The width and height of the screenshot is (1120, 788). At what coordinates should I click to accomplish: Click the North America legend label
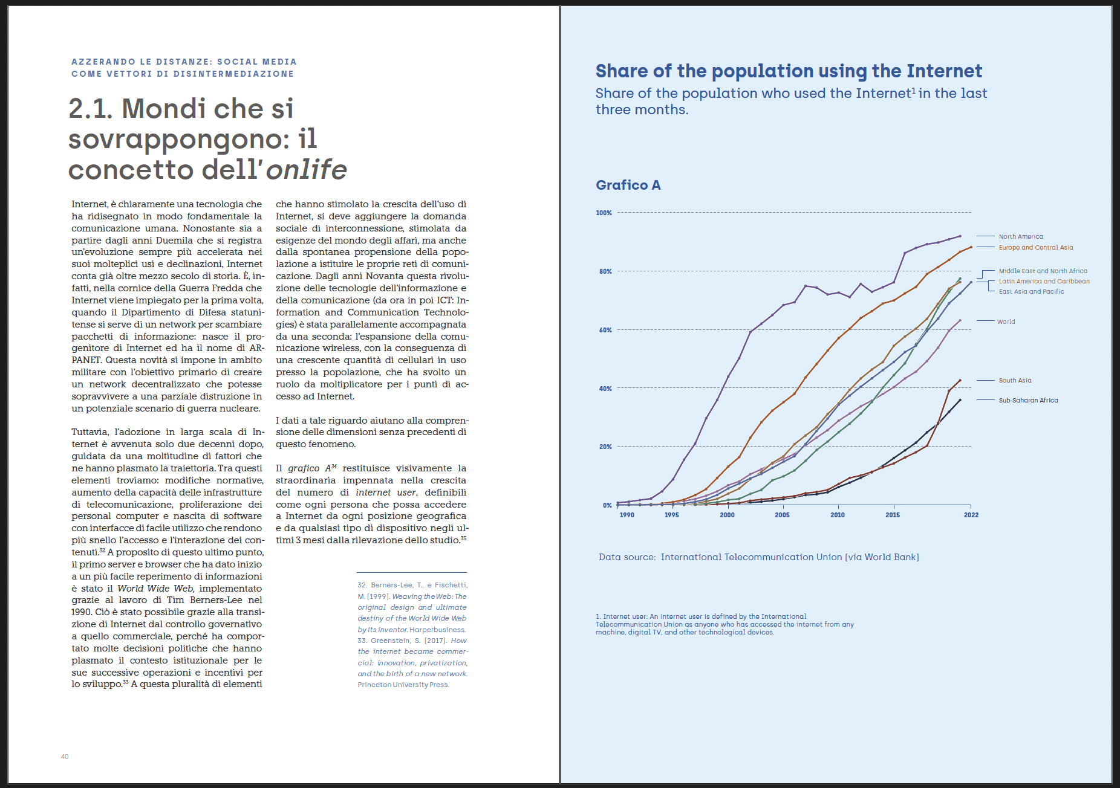(x=1021, y=236)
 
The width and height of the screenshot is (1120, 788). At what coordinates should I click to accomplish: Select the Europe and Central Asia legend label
(x=1035, y=247)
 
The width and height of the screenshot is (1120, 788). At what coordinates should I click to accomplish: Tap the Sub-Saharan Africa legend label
(x=1028, y=400)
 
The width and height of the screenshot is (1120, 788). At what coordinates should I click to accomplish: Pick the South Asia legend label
(x=1015, y=380)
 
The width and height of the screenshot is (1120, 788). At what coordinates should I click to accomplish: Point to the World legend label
(x=1006, y=321)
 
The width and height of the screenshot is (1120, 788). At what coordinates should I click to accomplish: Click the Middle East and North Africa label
(x=1043, y=271)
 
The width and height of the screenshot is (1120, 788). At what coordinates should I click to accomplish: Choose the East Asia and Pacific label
(x=1031, y=291)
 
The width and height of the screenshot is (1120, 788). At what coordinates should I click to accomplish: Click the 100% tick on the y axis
(x=604, y=213)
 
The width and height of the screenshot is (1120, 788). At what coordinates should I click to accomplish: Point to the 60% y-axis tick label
(x=605, y=330)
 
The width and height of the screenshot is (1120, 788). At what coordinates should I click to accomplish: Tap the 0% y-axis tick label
(x=607, y=505)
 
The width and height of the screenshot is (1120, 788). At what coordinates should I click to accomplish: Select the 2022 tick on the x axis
(x=971, y=515)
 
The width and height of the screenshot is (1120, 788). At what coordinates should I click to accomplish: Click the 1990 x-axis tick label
(x=627, y=515)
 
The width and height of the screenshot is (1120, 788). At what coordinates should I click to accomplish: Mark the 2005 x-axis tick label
(x=782, y=515)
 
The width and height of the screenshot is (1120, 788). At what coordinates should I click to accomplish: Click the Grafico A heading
(x=628, y=185)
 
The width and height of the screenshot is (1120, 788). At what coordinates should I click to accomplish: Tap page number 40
(x=65, y=757)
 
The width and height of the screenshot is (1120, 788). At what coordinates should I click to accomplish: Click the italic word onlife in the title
(x=306, y=170)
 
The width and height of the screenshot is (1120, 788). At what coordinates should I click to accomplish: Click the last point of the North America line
(x=960, y=236)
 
